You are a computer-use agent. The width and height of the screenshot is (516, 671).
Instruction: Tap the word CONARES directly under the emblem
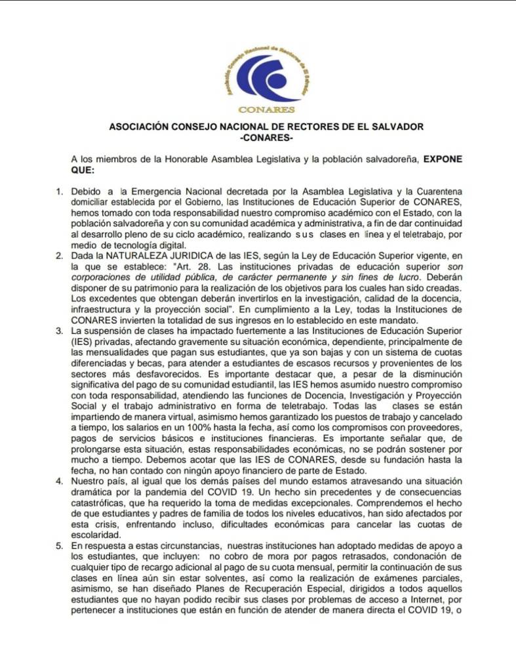(267, 110)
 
